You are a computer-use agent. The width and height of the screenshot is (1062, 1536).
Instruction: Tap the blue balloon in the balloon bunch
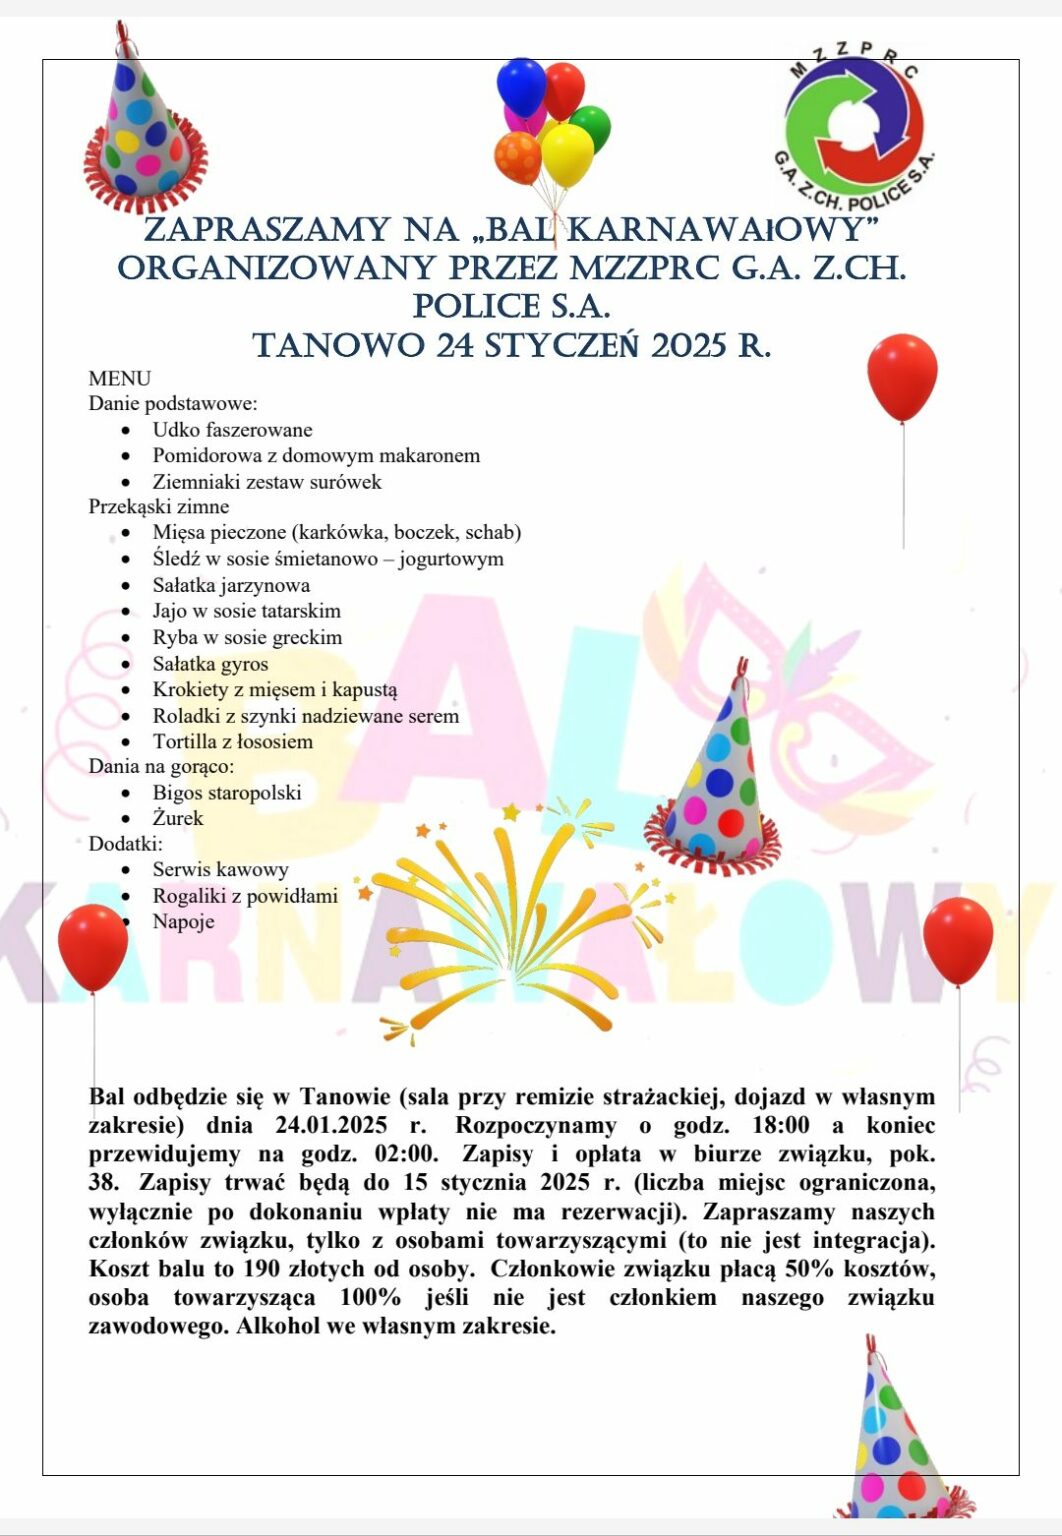pyautogui.click(x=521, y=87)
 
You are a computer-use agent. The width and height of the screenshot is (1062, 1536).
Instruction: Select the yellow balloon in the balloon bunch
pyautogui.click(x=567, y=154)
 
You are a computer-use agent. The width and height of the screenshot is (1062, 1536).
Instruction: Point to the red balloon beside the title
pyautogui.click(x=902, y=377)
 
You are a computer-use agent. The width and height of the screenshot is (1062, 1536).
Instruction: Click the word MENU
pyautogui.click(x=120, y=378)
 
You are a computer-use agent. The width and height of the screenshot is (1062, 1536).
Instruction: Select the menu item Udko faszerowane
pyautogui.click(x=232, y=430)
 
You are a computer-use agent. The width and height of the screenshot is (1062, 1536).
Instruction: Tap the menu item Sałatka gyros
pyautogui.click(x=210, y=663)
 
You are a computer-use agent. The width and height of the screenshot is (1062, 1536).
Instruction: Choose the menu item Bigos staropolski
pyautogui.click(x=227, y=792)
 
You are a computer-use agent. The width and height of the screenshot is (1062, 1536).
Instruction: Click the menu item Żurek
pyautogui.click(x=178, y=818)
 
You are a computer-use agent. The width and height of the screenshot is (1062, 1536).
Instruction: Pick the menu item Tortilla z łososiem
pyautogui.click(x=233, y=741)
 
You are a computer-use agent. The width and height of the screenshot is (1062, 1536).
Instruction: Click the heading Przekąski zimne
pyautogui.click(x=159, y=506)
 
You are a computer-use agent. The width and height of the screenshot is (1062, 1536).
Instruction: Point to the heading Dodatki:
pyautogui.click(x=125, y=843)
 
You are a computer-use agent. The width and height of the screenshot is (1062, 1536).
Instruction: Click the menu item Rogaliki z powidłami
pyautogui.click(x=245, y=895)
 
